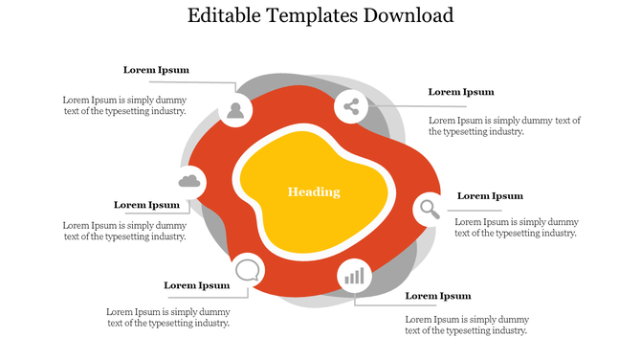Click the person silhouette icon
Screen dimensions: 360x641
(x=235, y=109)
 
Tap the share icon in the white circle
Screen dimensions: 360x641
(x=351, y=106)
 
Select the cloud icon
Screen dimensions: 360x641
(x=189, y=181)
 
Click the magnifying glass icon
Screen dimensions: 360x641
(x=430, y=208)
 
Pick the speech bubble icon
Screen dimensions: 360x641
(x=248, y=268)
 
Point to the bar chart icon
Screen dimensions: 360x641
(x=355, y=277)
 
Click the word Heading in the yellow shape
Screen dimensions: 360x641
(x=314, y=191)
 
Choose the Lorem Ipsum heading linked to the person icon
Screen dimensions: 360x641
(x=156, y=70)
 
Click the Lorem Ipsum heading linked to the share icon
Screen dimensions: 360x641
(x=461, y=92)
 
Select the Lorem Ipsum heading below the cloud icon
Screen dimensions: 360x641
(x=146, y=204)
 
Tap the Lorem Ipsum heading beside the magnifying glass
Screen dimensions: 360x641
(x=490, y=195)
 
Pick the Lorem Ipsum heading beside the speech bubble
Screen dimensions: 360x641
(x=196, y=284)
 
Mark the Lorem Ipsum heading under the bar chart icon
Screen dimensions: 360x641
(x=438, y=296)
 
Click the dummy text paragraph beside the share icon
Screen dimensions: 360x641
(x=504, y=126)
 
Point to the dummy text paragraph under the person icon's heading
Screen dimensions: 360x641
(x=124, y=105)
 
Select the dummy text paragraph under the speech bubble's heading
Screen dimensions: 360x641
(x=168, y=317)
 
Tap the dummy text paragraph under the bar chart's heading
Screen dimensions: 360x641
(x=467, y=325)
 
